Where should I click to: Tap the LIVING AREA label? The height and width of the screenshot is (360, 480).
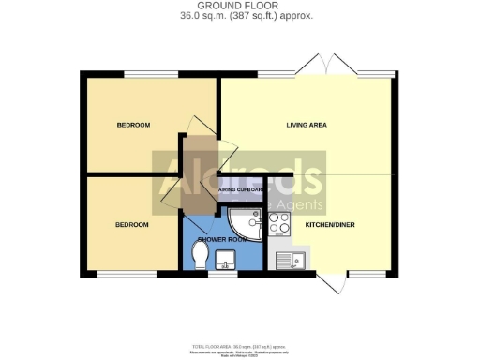pos(306,125)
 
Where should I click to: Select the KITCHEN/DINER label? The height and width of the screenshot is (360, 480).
pos(329,225)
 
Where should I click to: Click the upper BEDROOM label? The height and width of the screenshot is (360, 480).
pos(133,125)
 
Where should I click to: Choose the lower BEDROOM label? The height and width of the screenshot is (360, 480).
pos(131,225)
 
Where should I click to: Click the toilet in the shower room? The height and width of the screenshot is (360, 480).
pos(198,255)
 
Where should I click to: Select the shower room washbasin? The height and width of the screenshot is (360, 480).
pos(226,259)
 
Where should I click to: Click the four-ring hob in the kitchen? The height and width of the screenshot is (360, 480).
pos(279,223)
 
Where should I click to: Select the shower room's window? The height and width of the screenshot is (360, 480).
pos(222,274)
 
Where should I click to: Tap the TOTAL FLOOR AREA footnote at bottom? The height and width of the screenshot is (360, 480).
pos(239,345)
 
